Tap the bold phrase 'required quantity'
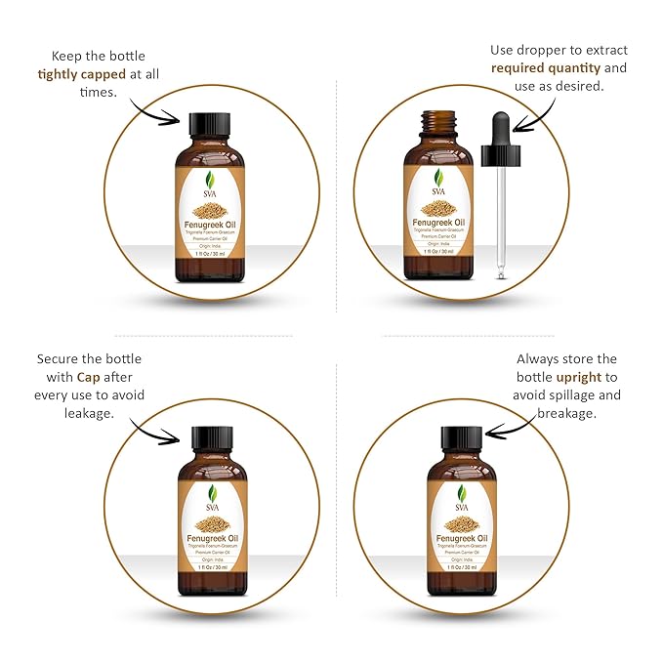(x=544, y=67)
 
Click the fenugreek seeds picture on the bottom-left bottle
(x=212, y=522)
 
